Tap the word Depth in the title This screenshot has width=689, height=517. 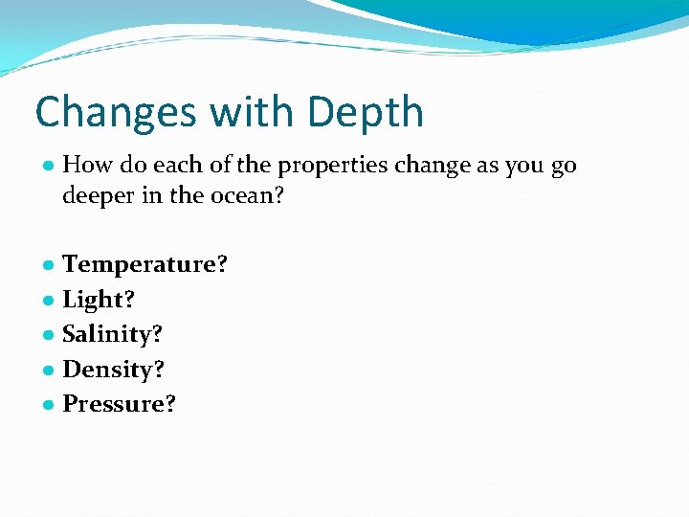[x=366, y=112]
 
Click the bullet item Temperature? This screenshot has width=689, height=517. [x=145, y=264]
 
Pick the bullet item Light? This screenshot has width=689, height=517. [x=99, y=300]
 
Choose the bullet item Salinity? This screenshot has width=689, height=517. [x=112, y=334]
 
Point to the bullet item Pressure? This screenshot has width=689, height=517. [x=120, y=404]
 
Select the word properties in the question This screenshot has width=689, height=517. [x=329, y=166]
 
